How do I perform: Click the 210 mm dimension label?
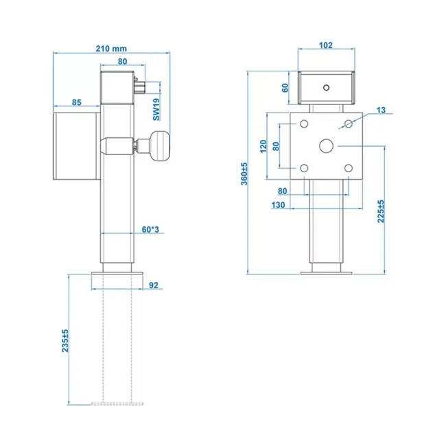110,48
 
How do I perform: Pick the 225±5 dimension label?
379,211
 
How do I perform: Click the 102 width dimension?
326,45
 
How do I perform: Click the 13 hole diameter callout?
382,110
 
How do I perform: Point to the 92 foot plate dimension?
154,283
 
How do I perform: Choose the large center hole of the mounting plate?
326,145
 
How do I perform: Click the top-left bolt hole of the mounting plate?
303,124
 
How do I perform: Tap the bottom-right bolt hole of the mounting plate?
349,168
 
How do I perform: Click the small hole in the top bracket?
327,86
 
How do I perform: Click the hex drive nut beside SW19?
142,88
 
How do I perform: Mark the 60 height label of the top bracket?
286,87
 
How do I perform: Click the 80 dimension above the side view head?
122,62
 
